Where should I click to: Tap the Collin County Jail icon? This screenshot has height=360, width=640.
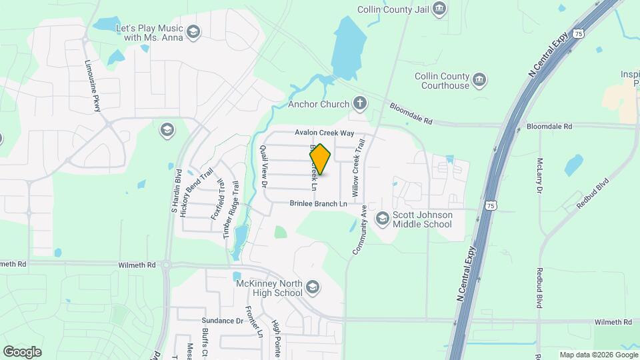[x=439, y=9]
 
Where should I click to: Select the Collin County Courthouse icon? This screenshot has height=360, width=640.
[x=479, y=81]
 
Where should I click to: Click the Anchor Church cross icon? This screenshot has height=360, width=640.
[x=360, y=103]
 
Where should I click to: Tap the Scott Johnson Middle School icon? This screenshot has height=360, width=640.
[x=382, y=218]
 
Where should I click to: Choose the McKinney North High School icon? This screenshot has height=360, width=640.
[x=313, y=287]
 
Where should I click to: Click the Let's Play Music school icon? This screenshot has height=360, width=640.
[x=193, y=33]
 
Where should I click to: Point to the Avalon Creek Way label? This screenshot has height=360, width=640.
[x=325, y=133]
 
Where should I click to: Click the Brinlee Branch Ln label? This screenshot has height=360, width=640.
[x=319, y=203]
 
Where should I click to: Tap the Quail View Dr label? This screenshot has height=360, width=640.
[x=264, y=165]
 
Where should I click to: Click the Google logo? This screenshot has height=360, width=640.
[x=22, y=351]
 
